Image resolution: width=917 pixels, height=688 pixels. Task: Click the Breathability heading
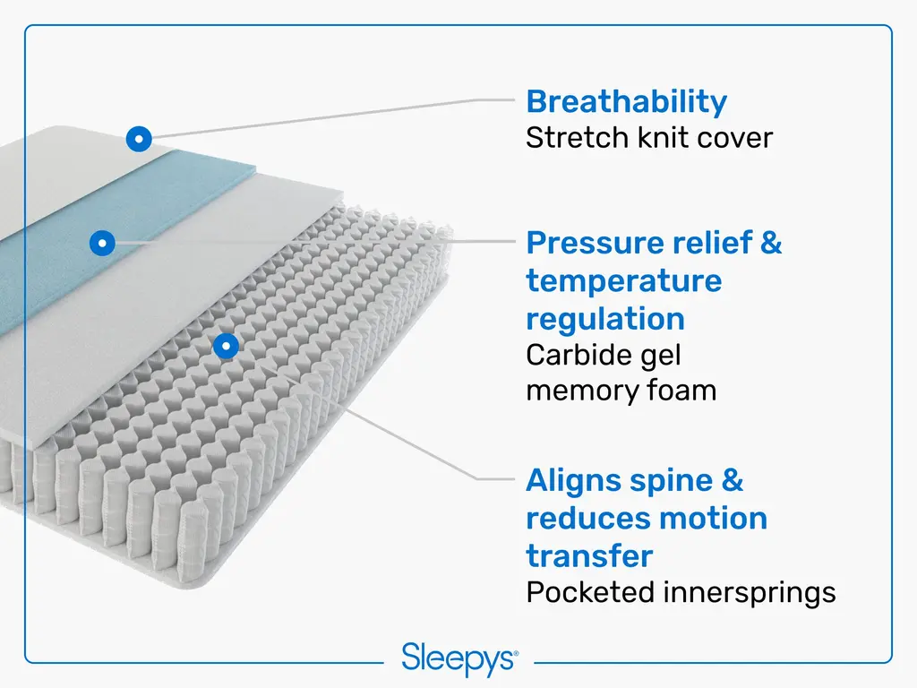point(626,102)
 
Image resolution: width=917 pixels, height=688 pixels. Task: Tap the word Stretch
point(578,138)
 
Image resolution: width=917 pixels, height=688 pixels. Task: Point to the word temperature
point(624,281)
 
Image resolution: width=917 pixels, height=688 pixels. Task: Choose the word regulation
point(605,320)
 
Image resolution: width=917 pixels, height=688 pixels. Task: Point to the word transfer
point(589,556)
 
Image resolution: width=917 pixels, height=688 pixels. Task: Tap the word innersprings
point(750,593)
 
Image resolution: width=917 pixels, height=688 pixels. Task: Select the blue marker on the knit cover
point(139,139)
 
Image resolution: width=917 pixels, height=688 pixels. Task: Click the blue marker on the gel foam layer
point(102,243)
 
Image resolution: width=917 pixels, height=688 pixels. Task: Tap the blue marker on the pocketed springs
point(227,346)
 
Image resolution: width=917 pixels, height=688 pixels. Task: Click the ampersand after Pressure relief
point(771,243)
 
